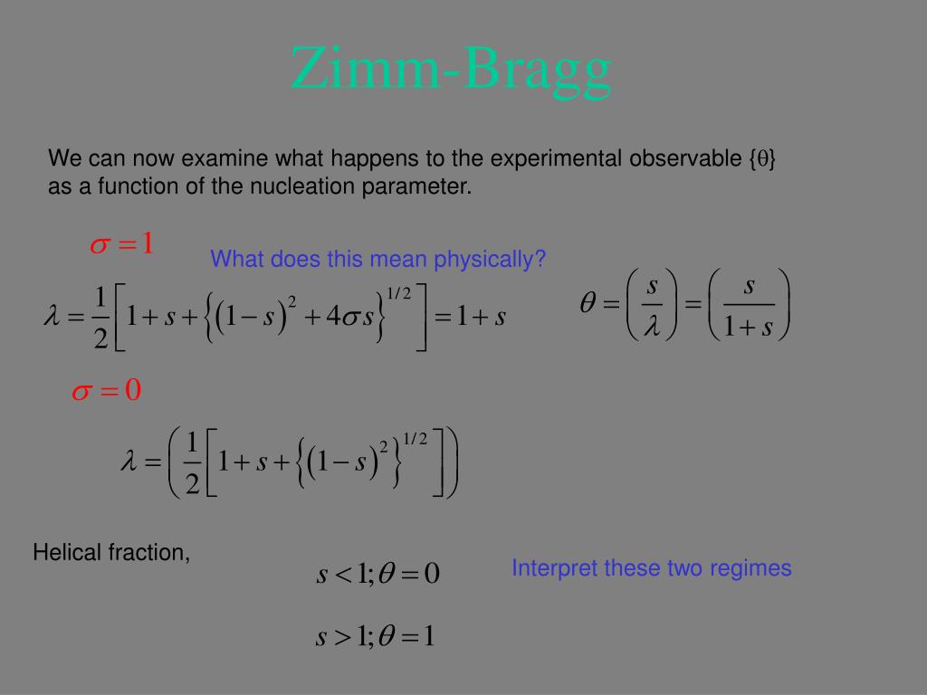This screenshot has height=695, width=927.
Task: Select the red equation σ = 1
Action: click(122, 244)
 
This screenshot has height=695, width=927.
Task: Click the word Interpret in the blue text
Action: click(554, 568)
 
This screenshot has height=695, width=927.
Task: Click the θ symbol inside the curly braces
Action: click(763, 160)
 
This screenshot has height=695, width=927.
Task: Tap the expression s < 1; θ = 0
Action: click(377, 574)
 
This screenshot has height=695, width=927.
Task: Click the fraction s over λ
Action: click(652, 305)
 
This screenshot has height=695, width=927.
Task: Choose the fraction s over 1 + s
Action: click(749, 305)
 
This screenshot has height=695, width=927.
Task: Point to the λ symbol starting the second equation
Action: click(129, 462)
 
